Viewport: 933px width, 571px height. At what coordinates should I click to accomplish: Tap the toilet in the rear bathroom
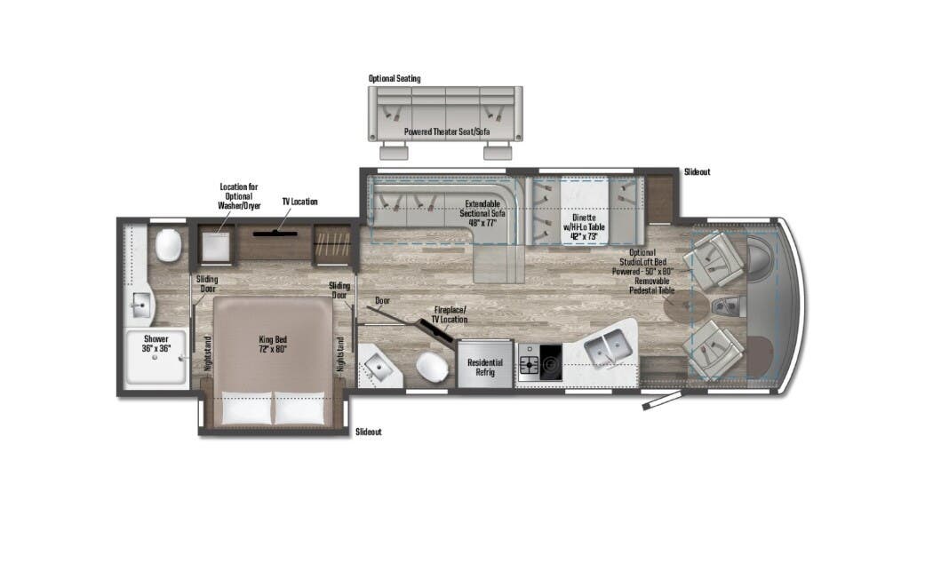tap(167, 245)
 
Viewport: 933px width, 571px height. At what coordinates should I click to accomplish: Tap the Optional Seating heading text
tap(395, 79)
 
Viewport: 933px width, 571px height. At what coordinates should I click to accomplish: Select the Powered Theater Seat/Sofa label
tap(446, 132)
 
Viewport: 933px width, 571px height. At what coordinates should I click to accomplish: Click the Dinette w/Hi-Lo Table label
tap(578, 223)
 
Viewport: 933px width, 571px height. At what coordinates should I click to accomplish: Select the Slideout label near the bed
tap(369, 432)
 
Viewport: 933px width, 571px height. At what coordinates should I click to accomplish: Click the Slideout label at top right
tap(698, 171)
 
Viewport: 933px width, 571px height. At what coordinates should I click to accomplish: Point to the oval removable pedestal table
tap(687, 306)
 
